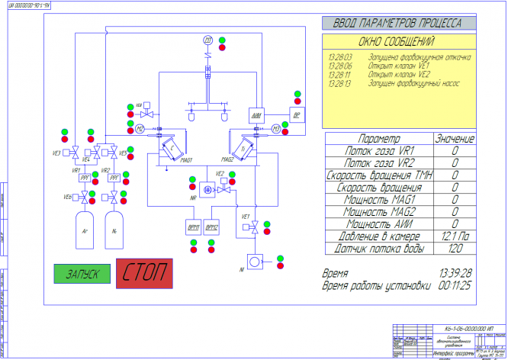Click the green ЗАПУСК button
click(x=83, y=272)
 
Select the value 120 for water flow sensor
click(x=455, y=248)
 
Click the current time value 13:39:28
click(x=455, y=272)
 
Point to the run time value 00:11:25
click(x=455, y=286)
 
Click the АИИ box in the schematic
click(x=256, y=114)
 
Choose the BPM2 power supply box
click(x=211, y=227)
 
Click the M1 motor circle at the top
click(x=207, y=39)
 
